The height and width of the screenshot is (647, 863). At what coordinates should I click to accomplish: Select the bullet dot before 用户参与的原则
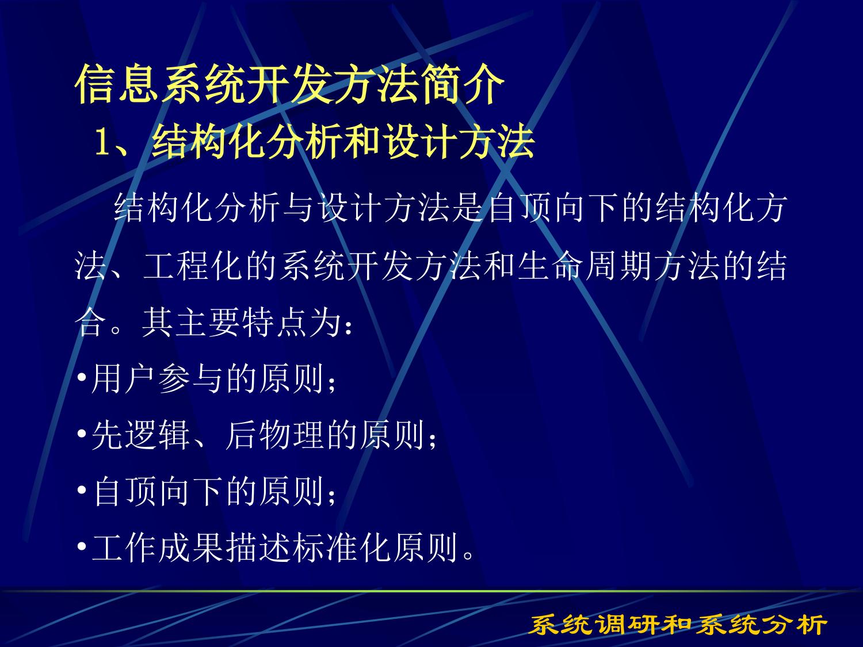(82, 378)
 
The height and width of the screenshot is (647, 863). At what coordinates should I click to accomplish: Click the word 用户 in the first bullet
(123, 378)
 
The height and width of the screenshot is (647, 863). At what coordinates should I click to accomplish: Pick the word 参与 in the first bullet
(190, 378)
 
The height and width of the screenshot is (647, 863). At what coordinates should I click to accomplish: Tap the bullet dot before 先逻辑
(82, 434)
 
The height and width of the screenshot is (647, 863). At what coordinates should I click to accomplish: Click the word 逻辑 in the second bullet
(157, 434)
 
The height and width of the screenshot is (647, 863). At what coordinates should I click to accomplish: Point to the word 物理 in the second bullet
(291, 434)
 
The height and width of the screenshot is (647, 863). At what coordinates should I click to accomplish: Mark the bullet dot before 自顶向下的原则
(82, 491)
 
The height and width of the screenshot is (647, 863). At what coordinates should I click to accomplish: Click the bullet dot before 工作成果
(82, 546)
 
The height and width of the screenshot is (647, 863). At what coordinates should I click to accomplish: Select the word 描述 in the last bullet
(258, 547)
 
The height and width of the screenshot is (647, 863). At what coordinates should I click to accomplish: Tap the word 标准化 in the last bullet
(342, 547)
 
